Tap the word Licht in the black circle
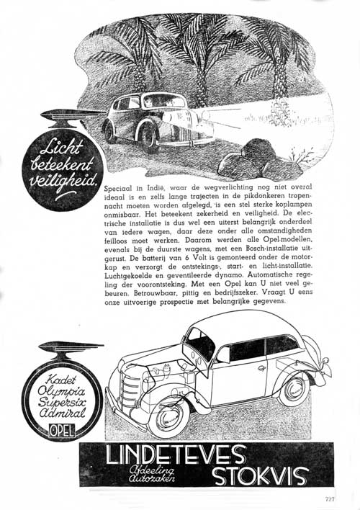60,149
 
